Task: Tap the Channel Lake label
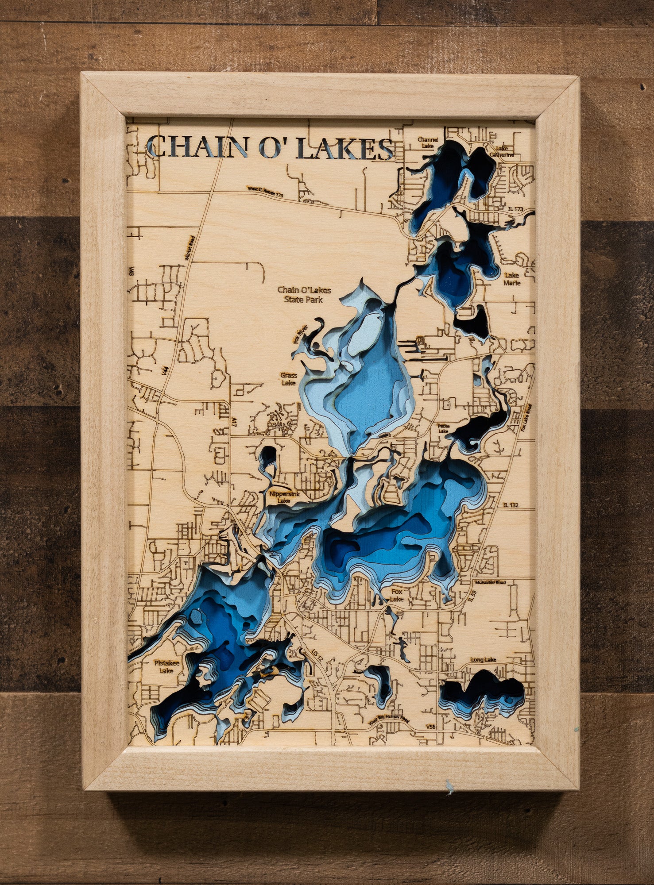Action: coord(428,142)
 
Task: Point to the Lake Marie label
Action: coord(512,279)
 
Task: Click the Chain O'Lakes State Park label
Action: coord(304,295)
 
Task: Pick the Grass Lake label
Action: coord(288,379)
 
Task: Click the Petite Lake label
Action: coord(443,428)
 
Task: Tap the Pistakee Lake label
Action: coord(164,666)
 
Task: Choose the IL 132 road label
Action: coord(511,504)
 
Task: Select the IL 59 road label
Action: coord(473,599)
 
